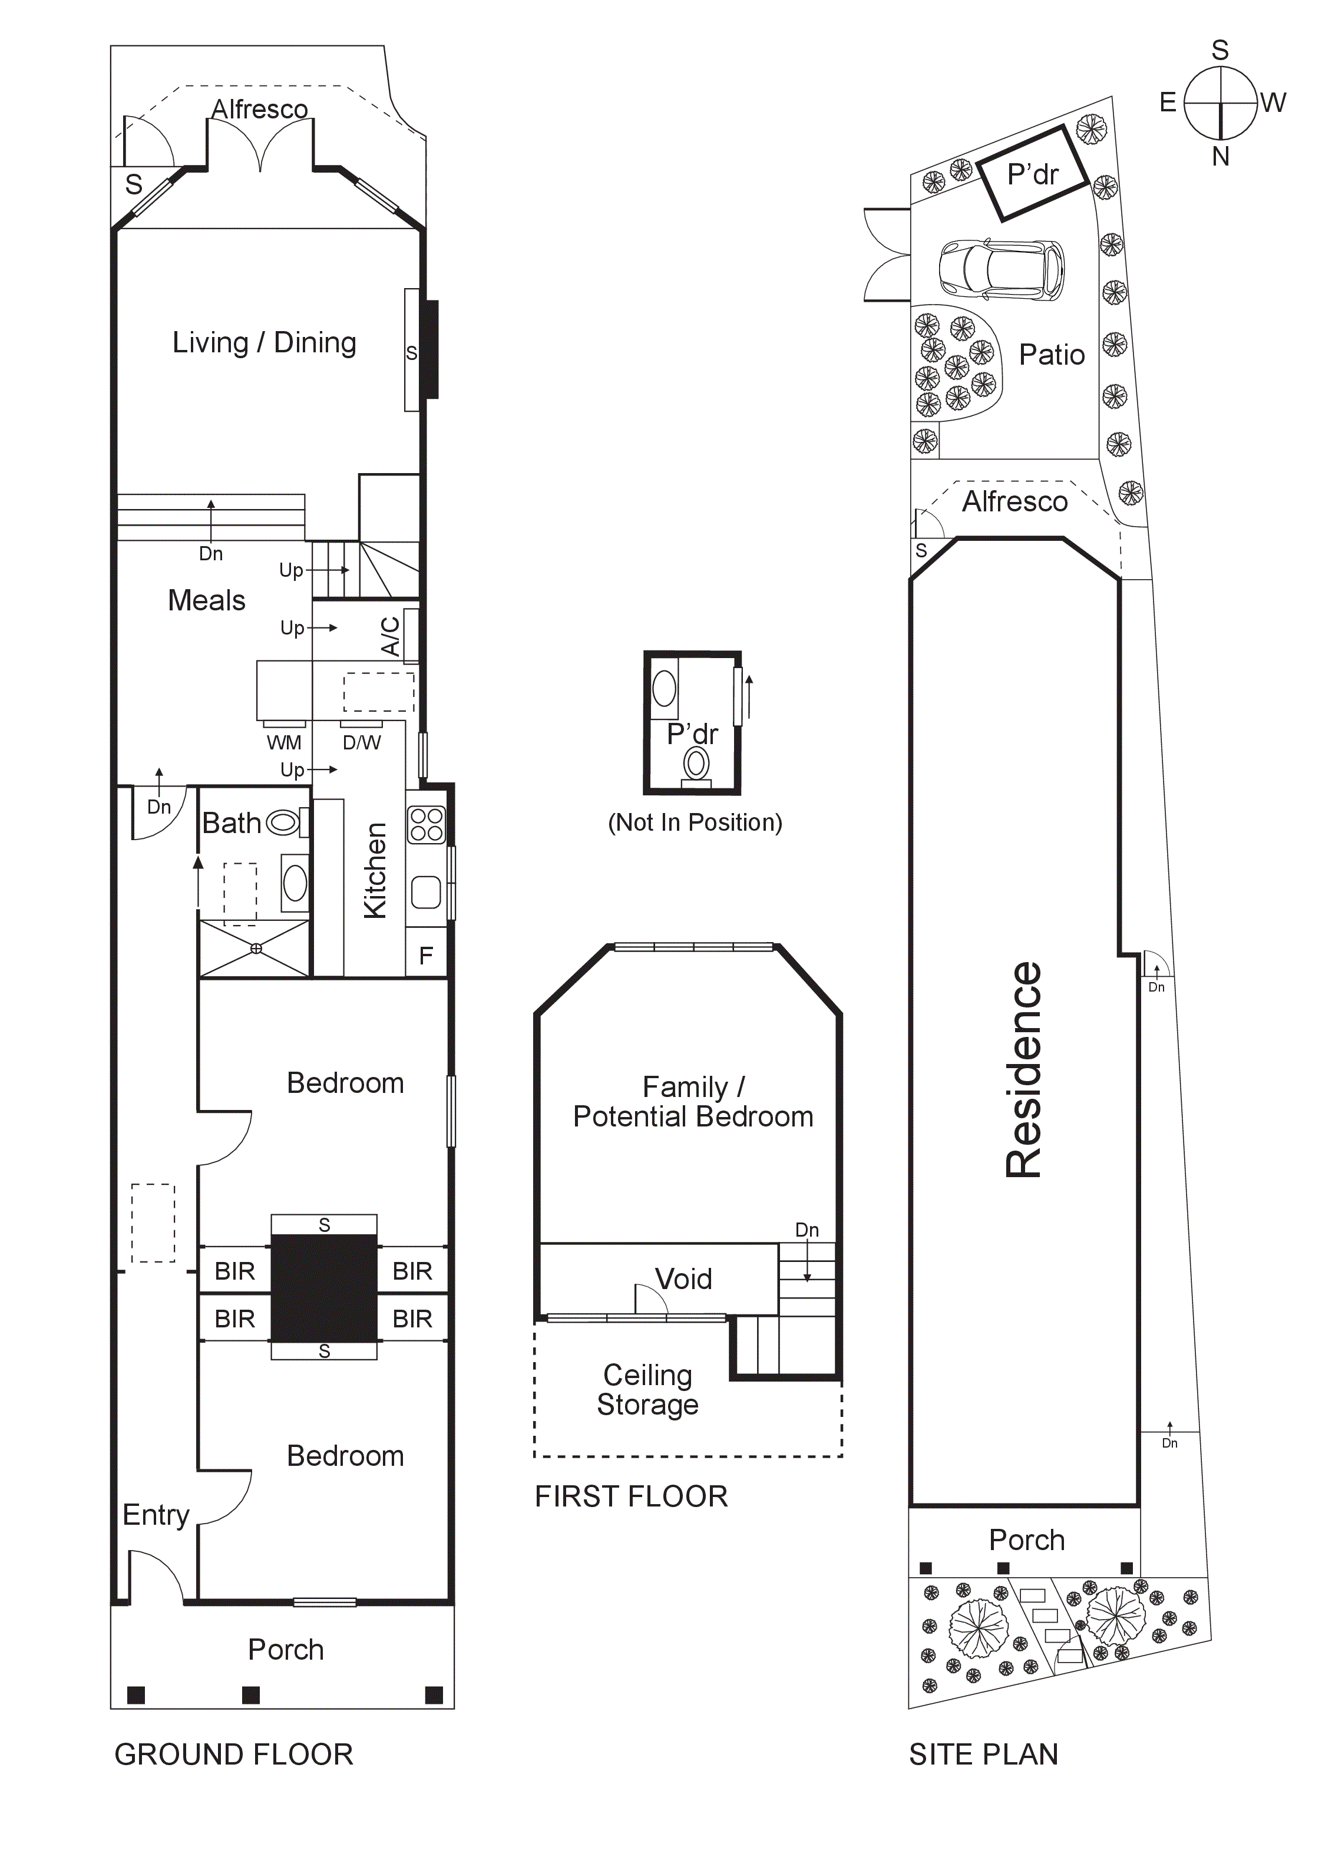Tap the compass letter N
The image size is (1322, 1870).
tap(1219, 156)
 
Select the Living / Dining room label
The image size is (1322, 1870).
tap(264, 343)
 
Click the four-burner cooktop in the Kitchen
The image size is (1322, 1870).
tap(426, 824)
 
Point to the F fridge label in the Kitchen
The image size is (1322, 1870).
tap(425, 956)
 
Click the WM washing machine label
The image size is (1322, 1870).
tap(283, 742)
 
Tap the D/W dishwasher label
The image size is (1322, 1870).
tap(361, 742)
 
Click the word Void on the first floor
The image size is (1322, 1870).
tap(683, 1278)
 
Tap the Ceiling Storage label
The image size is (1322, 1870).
tap(647, 1389)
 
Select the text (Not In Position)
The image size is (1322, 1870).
tap(695, 822)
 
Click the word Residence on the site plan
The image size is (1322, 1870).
tap(1024, 1069)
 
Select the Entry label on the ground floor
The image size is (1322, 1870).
tap(156, 1515)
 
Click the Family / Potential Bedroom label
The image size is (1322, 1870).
tap(692, 1101)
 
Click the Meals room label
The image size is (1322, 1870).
tap(206, 600)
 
